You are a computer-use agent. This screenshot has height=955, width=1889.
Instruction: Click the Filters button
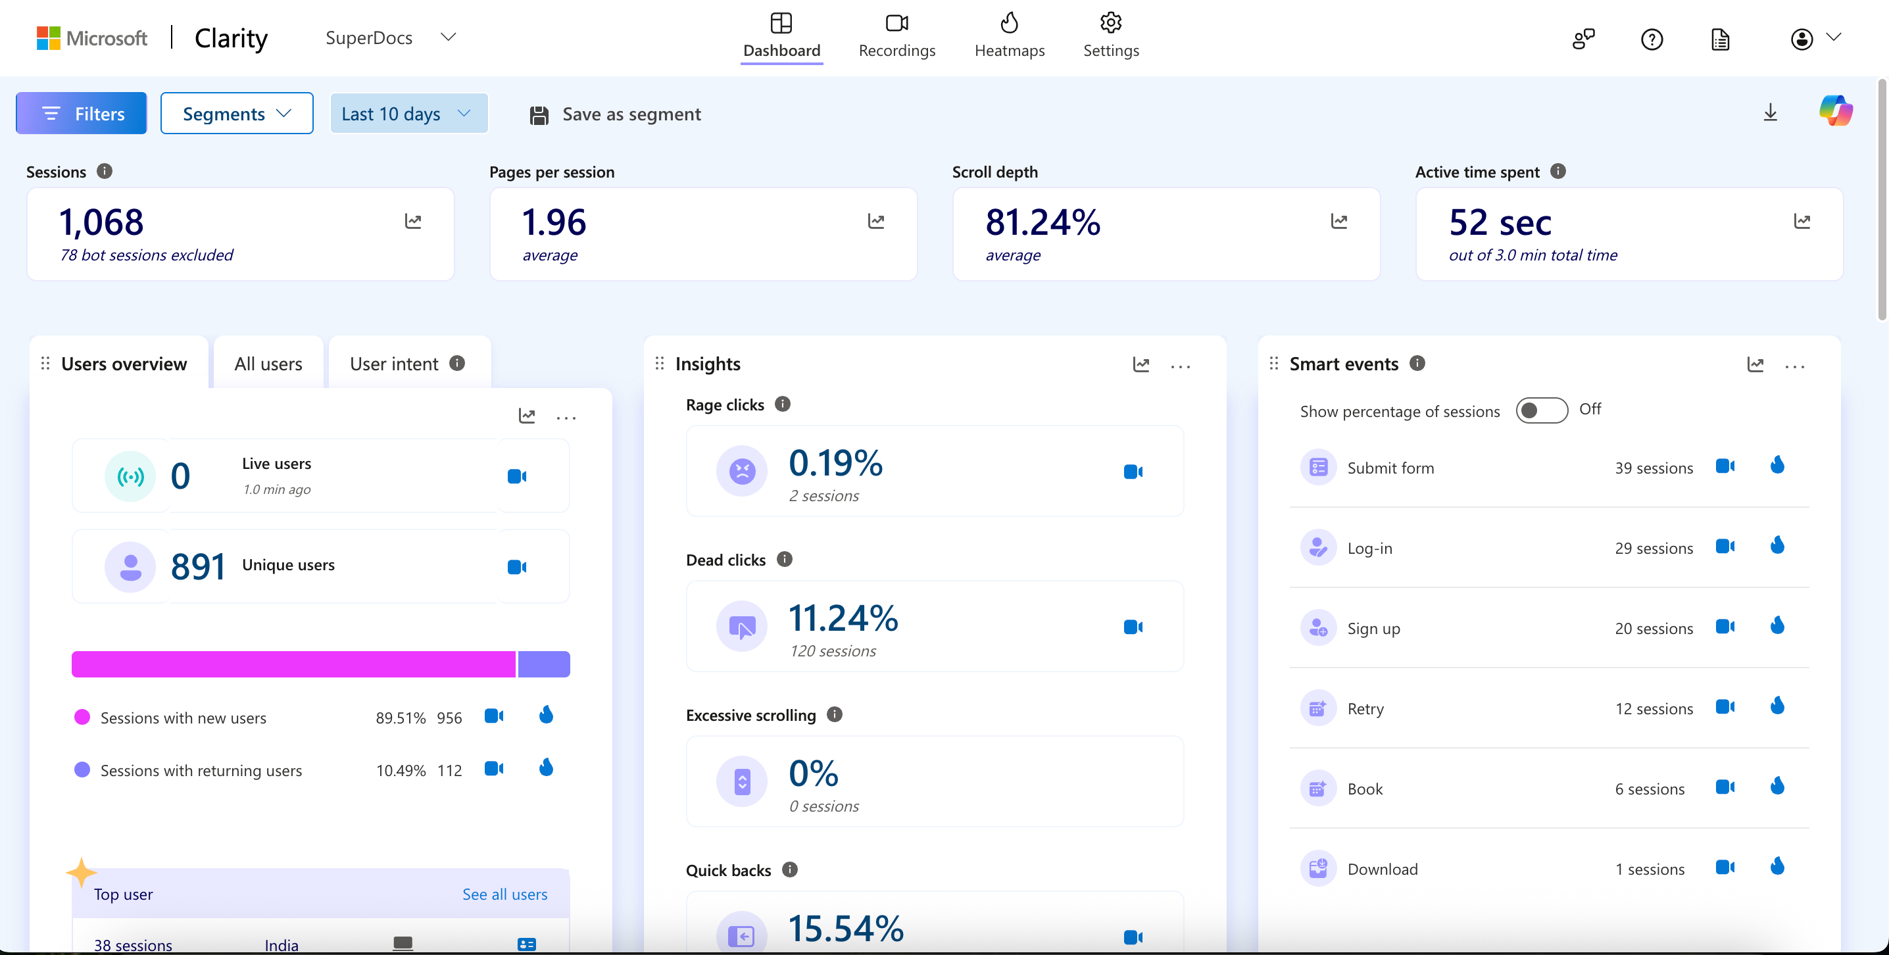(82, 114)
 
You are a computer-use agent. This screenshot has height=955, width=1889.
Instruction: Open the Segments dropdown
(237, 114)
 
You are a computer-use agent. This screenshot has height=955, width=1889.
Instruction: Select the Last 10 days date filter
(409, 114)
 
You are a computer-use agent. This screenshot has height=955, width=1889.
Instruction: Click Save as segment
(615, 114)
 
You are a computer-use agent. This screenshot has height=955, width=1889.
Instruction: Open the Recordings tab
(897, 36)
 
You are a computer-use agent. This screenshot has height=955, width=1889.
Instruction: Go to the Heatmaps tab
(1009, 36)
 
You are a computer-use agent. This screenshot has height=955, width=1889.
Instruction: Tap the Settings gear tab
(1111, 36)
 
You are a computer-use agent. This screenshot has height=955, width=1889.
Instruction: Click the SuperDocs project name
(369, 37)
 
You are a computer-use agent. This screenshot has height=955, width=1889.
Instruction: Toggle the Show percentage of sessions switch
(1542, 410)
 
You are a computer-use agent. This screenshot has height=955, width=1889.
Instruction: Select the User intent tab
(408, 364)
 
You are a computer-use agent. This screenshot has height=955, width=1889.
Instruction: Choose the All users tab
(268, 364)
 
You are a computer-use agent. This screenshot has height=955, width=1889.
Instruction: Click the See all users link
(504, 894)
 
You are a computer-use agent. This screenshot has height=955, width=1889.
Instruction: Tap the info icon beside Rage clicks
(783, 404)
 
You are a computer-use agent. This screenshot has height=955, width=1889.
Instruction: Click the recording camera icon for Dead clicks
(1133, 627)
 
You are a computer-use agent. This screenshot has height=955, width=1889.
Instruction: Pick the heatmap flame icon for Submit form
(1777, 465)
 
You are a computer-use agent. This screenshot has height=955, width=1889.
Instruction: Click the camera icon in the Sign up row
(1725, 626)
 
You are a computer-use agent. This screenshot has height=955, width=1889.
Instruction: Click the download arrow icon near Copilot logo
(1770, 112)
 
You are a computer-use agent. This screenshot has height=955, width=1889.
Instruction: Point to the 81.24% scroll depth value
(1043, 222)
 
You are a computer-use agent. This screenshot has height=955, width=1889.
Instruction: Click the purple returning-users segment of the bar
(544, 664)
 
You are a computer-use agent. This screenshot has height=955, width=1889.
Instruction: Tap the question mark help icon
(1652, 39)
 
